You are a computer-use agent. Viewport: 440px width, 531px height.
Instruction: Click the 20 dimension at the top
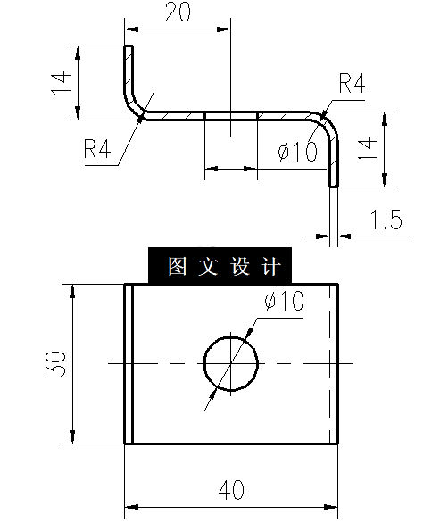coord(178,12)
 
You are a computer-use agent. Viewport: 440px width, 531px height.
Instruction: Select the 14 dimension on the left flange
coord(60,83)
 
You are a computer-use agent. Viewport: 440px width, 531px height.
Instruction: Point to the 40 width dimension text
coord(231,489)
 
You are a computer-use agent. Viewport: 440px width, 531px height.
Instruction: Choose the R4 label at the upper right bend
coord(352,84)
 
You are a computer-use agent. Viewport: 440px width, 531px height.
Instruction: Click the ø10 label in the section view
coord(297,152)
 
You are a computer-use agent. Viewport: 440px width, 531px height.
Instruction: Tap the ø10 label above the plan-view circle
coord(284,302)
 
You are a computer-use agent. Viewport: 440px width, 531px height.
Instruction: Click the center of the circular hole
coord(231,363)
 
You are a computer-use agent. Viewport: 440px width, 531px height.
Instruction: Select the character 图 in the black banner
coord(175,267)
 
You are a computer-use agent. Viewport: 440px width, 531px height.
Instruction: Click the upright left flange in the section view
coord(128,71)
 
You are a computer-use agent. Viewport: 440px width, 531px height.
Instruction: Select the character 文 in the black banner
coord(207,267)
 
